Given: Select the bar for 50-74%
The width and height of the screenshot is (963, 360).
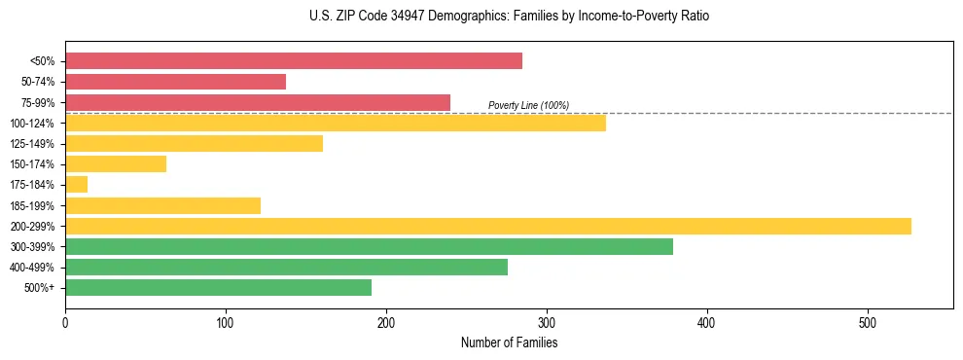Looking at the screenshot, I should (175, 82).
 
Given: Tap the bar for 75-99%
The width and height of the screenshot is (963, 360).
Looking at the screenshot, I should (258, 102).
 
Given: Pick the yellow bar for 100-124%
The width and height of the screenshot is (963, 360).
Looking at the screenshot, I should (336, 123).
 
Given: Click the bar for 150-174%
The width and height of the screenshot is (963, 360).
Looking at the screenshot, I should (116, 164).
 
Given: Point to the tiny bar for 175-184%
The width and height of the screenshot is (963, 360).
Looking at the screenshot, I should (76, 185).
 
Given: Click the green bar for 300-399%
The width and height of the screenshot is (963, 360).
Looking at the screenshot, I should (369, 246).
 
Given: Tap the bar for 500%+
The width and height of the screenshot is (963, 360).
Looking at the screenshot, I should (218, 287).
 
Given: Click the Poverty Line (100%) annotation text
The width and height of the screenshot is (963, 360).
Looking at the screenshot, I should (528, 105).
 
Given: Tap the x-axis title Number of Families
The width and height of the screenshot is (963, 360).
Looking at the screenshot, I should (509, 342).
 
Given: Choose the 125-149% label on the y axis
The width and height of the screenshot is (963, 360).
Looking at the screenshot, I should (32, 144).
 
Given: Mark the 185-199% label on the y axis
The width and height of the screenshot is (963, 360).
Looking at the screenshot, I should (32, 205).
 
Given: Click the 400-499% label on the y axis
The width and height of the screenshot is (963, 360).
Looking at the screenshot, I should (32, 268).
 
